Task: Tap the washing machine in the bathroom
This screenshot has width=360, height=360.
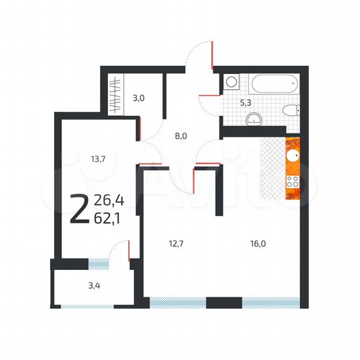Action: [231, 82]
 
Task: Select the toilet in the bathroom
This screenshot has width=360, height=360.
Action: [291, 111]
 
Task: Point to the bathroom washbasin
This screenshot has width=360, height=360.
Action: [254, 119]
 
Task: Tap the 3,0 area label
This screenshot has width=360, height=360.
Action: [138, 97]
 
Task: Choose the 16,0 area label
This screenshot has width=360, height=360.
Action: [258, 244]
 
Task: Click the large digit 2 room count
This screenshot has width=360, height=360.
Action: [79, 209]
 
